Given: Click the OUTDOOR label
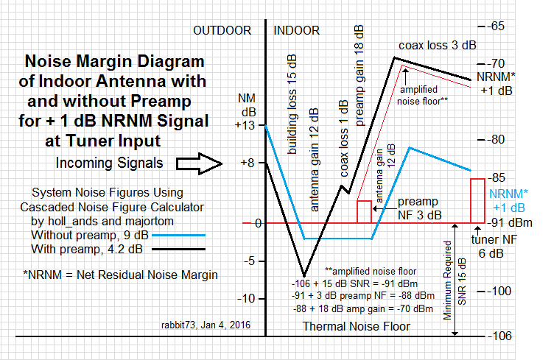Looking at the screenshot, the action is pos(222,31).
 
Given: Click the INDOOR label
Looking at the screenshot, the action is pos(297,31).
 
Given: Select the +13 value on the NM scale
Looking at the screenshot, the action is pos(245,125).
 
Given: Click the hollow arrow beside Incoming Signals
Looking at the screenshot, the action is pos(199,163).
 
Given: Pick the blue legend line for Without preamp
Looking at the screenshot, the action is pos(178,236).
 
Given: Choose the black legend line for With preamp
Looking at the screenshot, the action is pos(178,250).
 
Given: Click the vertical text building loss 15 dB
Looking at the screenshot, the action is pos(292,105).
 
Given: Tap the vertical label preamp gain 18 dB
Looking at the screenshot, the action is pos(359,76).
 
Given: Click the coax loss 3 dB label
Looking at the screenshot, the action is pos(438,46).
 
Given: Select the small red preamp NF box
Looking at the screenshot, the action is pos(364,212).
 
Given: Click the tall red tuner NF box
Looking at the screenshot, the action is pos(477,201).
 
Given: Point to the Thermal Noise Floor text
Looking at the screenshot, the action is pos(357,326).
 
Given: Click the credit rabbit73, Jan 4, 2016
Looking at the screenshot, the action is pos(206,325).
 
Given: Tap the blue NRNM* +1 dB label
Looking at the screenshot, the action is pos(508,200).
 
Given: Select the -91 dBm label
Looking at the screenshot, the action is pos(510,222).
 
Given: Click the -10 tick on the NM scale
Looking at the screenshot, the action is pos(246,299).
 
